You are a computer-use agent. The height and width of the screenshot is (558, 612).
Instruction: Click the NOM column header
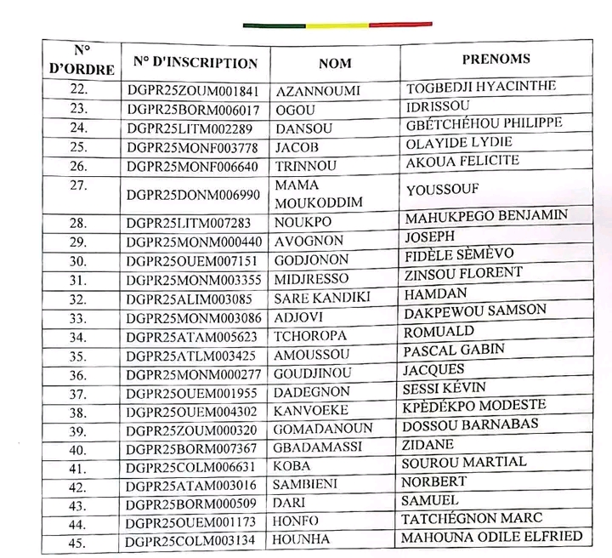tap(335, 63)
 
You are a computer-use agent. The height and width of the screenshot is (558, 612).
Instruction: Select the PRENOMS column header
tap(496, 60)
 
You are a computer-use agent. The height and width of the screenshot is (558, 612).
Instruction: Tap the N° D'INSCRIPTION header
tap(195, 63)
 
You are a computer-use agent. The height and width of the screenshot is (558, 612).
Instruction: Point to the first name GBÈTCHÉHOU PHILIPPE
tap(484, 123)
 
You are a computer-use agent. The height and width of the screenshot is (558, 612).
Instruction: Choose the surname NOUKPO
tap(302, 222)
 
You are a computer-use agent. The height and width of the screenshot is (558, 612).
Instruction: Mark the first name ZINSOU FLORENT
tap(463, 274)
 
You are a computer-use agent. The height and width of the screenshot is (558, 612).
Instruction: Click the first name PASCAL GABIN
tap(454, 350)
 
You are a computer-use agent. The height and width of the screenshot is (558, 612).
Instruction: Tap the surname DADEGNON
tap(312, 392)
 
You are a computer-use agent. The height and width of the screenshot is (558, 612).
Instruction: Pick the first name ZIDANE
tap(429, 445)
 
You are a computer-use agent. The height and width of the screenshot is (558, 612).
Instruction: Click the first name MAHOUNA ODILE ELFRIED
tap(494, 537)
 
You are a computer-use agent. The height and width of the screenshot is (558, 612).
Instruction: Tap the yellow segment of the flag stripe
tap(337, 26)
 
